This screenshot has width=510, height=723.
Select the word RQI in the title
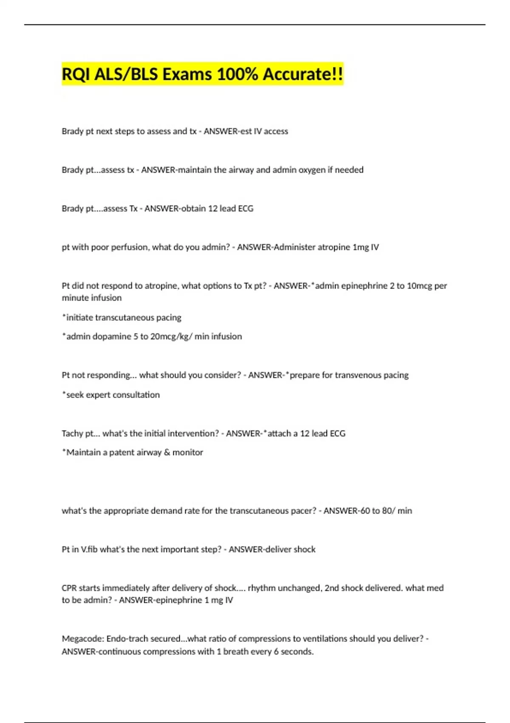tap(76, 74)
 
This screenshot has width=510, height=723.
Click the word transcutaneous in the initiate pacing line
tap(125, 318)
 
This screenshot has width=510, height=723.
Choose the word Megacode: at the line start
tap(83, 639)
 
